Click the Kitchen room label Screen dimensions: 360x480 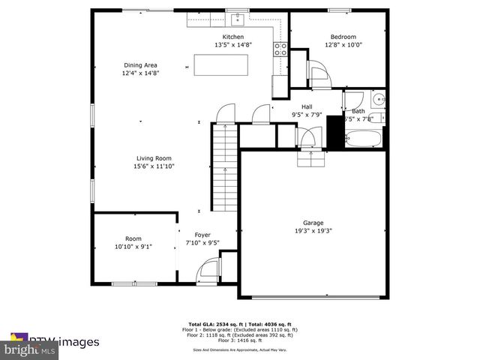point(232,37)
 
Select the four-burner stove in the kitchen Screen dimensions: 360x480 point(280,49)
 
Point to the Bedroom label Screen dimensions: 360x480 point(343,37)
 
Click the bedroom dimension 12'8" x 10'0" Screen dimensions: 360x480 point(343,45)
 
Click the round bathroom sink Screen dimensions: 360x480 point(377,98)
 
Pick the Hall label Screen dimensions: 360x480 point(307,106)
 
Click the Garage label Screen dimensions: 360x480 point(313,223)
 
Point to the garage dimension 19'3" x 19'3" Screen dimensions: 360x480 point(313,231)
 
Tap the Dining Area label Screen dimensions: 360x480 point(140,65)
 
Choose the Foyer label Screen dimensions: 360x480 point(202,235)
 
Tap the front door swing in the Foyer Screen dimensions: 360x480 point(207,271)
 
